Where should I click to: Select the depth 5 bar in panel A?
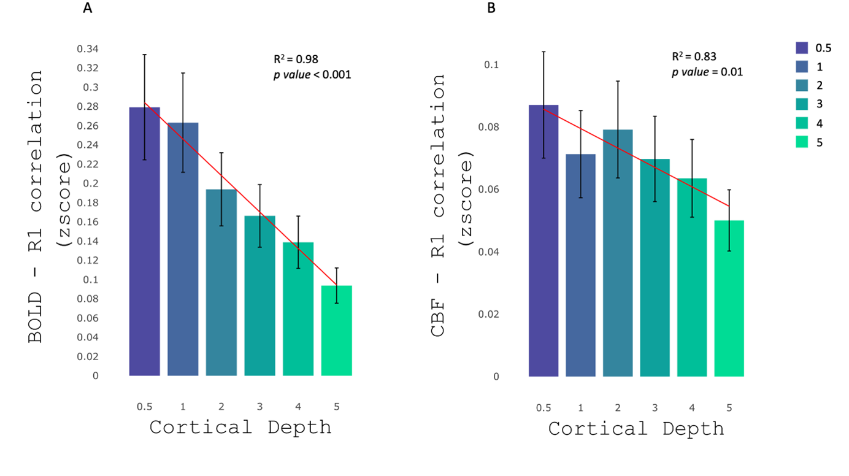(336, 331)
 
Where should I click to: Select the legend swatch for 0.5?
(802, 48)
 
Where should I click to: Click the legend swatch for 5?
(802, 142)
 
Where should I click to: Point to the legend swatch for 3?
(802, 104)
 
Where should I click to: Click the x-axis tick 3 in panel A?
(259, 406)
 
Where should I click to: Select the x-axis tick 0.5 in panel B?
(543, 407)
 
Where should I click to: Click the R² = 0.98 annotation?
(296, 59)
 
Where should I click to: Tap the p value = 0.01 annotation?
(707, 72)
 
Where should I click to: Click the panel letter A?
(88, 9)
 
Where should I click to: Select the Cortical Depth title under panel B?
(636, 428)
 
